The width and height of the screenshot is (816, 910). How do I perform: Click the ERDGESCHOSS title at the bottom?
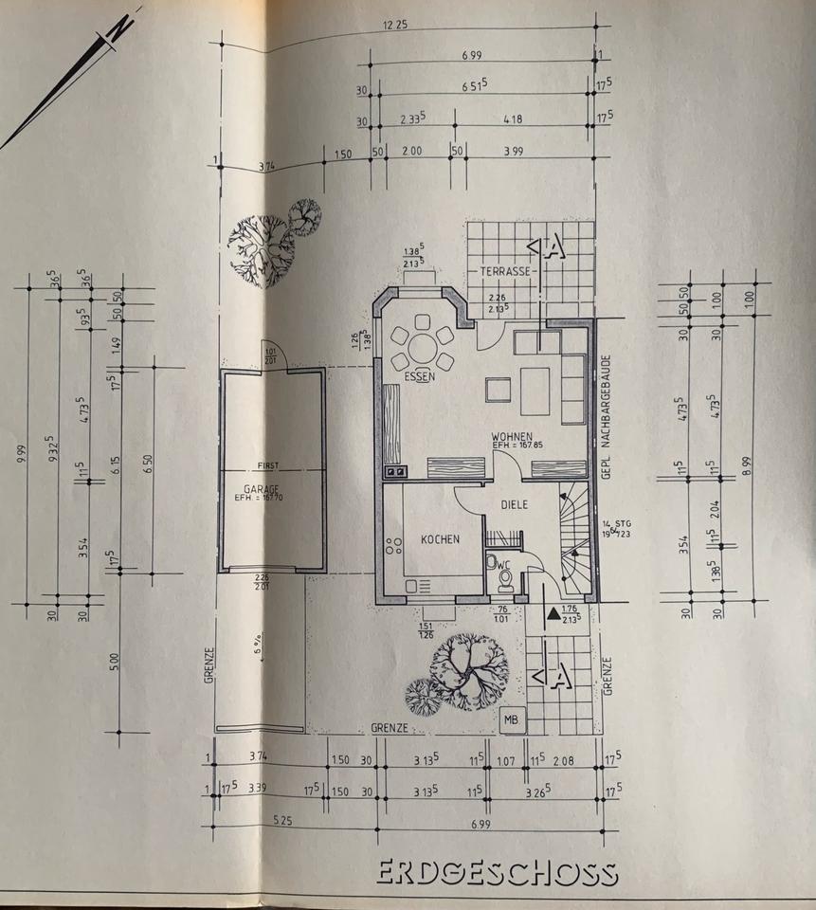tap(497, 872)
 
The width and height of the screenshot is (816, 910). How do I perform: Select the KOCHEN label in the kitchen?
tap(440, 539)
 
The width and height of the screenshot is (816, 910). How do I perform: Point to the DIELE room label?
tap(514, 505)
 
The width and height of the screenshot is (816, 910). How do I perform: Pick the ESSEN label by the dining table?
tap(418, 376)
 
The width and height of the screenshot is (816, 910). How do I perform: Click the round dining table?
tap(421, 347)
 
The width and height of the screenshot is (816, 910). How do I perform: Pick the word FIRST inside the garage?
tap(269, 466)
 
